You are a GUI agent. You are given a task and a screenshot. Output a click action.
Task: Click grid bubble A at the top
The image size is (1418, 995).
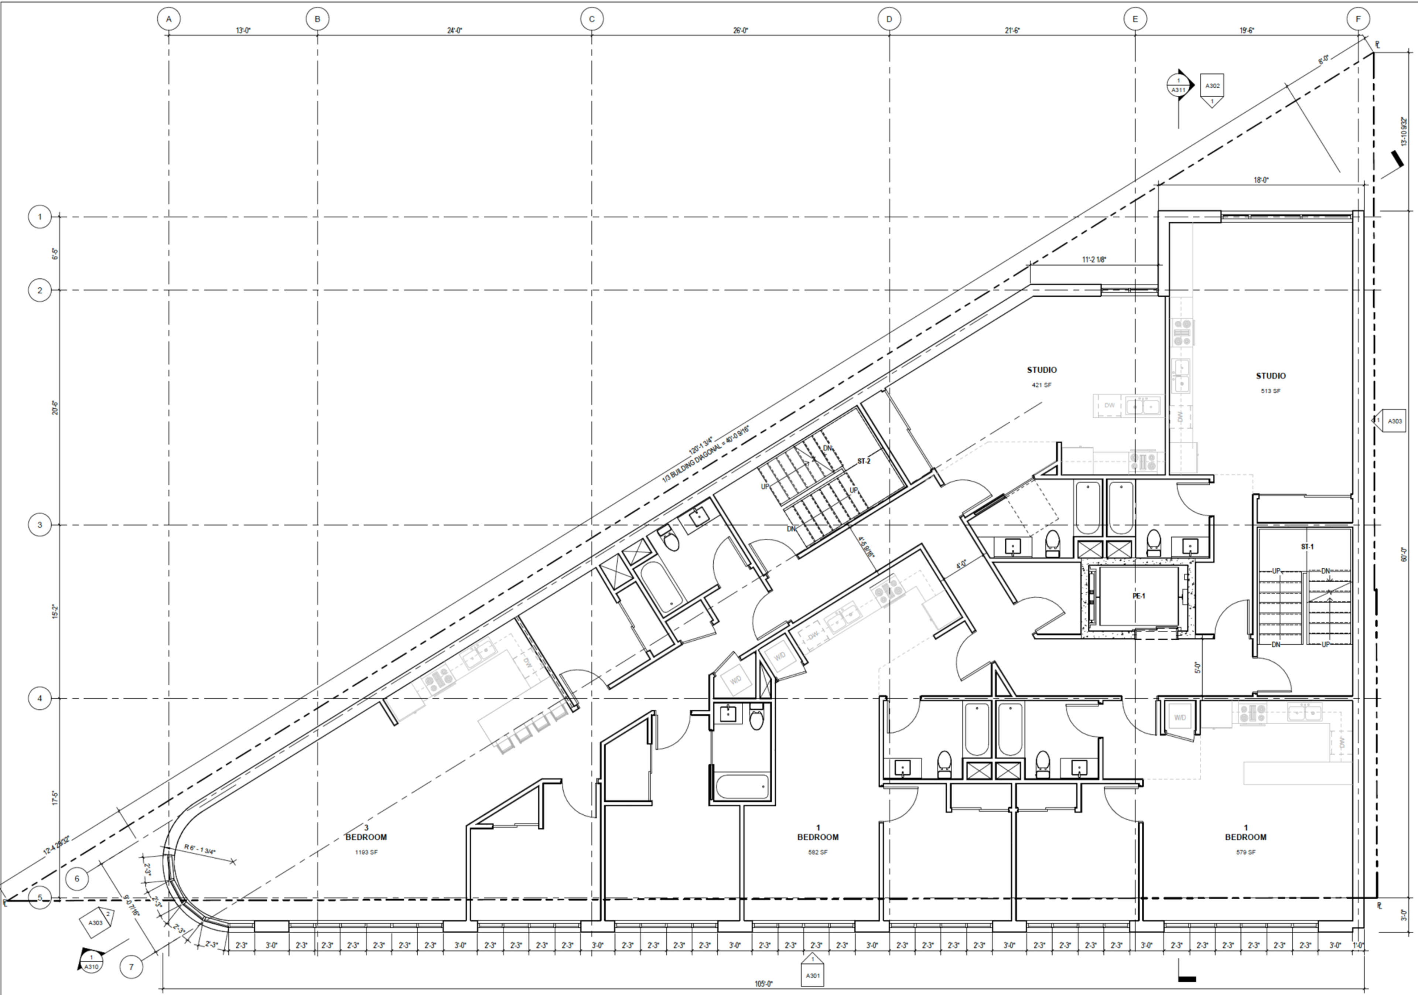click(x=168, y=19)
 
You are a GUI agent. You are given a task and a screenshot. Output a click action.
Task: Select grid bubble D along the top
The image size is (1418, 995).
click(x=889, y=19)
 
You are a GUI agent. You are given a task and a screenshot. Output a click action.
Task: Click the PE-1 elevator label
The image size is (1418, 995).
click(x=1139, y=596)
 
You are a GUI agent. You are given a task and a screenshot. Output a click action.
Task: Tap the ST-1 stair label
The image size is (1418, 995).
click(x=1307, y=546)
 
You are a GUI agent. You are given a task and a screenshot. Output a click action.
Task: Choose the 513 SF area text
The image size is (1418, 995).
click(x=1270, y=391)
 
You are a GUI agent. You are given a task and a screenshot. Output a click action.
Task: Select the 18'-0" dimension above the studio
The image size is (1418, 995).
click(x=1261, y=180)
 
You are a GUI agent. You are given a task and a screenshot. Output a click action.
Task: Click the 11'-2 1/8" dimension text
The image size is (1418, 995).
click(x=1094, y=260)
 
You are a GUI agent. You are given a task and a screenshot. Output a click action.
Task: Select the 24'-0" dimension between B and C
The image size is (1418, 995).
click(x=455, y=30)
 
